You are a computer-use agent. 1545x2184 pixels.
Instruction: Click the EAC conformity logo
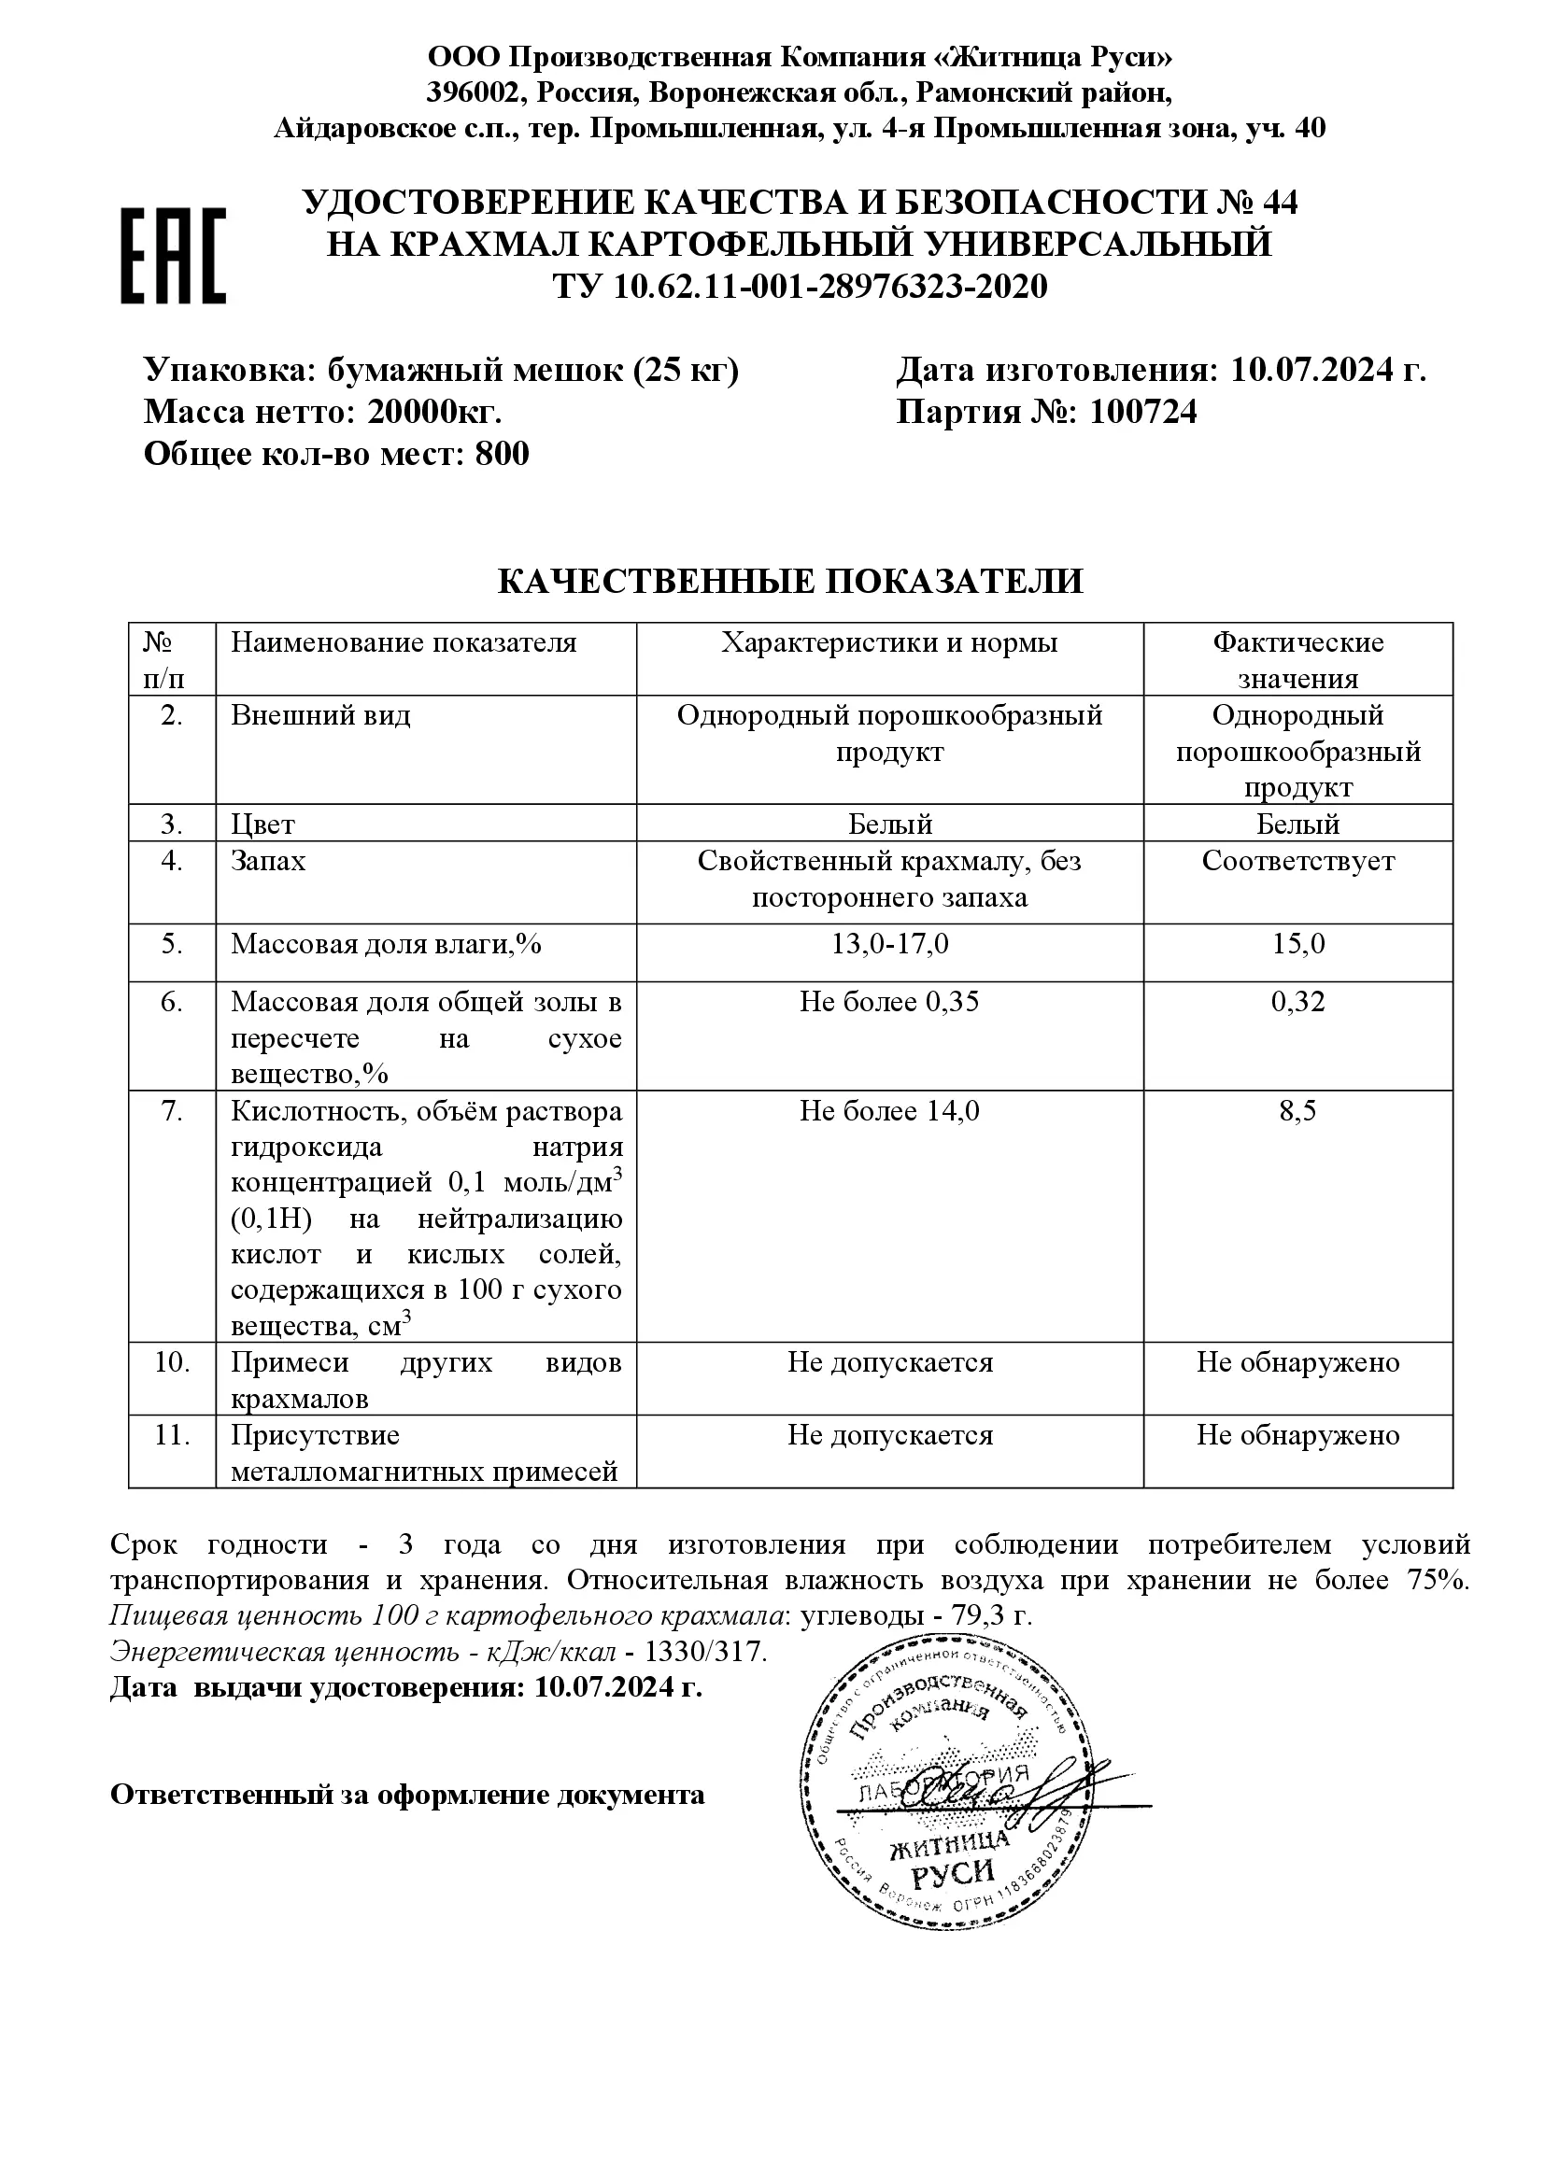point(173,255)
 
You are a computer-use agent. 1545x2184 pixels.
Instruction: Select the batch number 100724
point(1143,412)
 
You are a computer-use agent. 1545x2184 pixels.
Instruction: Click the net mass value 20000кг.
point(434,412)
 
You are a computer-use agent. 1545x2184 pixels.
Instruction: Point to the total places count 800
point(502,454)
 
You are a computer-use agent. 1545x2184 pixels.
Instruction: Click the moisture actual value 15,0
point(1297,944)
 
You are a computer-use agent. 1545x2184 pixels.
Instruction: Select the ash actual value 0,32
point(1297,1002)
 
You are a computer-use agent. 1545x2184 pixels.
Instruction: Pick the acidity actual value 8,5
point(1297,1111)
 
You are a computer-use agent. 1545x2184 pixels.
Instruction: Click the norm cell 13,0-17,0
point(889,944)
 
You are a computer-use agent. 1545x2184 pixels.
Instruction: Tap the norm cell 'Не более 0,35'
point(889,1002)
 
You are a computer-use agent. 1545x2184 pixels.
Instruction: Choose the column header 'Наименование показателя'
point(404,643)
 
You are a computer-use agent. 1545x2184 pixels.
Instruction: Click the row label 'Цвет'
point(262,824)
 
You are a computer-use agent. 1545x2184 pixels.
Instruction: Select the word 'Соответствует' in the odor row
point(1297,862)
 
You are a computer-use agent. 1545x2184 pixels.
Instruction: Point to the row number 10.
point(172,1362)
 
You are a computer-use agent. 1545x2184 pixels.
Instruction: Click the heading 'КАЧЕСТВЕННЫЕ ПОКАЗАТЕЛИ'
point(790,581)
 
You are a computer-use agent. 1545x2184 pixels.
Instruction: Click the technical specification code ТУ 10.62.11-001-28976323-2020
point(801,287)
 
